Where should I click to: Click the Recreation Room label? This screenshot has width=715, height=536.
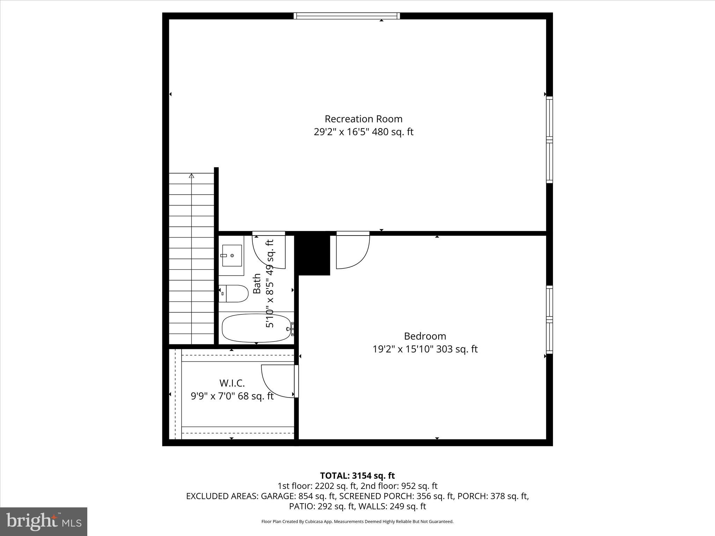click(x=363, y=119)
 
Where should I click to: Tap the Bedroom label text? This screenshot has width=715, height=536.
click(x=425, y=336)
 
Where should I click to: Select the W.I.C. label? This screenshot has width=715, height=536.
click(x=232, y=383)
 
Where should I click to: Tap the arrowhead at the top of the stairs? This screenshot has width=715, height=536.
click(x=191, y=176)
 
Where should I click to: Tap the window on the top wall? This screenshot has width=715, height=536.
click(x=347, y=16)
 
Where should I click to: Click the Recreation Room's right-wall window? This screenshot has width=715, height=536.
click(x=549, y=140)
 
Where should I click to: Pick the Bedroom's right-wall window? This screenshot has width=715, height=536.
click(x=549, y=319)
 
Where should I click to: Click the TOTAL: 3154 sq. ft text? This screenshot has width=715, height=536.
click(x=357, y=476)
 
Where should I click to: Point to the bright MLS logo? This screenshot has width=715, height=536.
click(x=44, y=521)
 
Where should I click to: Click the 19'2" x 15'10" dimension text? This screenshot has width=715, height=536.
click(x=403, y=349)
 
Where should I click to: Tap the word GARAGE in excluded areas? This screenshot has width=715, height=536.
click(x=278, y=496)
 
